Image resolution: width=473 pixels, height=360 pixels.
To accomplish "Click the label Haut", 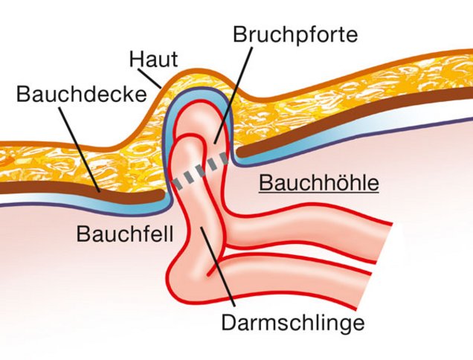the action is (x=153, y=60).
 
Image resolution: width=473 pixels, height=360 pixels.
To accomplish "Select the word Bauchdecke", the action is (x=82, y=94).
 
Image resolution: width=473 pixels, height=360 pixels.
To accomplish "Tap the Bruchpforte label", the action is (x=295, y=34).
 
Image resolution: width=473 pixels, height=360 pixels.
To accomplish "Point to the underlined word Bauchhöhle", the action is (x=319, y=183).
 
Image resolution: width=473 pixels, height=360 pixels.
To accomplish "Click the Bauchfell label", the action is (x=125, y=234).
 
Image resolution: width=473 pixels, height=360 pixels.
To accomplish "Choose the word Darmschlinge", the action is (x=293, y=323).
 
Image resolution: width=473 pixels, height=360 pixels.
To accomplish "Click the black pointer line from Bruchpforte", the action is (x=234, y=95).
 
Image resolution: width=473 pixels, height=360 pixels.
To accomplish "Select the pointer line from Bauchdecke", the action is (x=79, y=150).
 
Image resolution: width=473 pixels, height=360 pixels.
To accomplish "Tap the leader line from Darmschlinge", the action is (x=217, y=266).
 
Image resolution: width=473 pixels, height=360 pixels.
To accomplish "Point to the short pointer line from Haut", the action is (x=149, y=78).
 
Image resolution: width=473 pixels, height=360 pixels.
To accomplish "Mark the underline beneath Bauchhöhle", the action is (x=319, y=191).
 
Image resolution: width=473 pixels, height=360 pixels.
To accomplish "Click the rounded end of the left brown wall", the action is (x=161, y=195).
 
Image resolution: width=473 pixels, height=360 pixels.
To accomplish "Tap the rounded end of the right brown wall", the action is (x=240, y=152).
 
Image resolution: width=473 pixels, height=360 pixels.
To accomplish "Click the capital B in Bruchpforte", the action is (x=239, y=34).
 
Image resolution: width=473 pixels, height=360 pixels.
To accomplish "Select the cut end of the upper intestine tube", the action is (x=384, y=243).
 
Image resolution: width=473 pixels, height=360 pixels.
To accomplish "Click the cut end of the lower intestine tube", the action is (x=364, y=292).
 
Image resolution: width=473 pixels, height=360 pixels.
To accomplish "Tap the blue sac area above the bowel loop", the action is (x=198, y=96).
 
